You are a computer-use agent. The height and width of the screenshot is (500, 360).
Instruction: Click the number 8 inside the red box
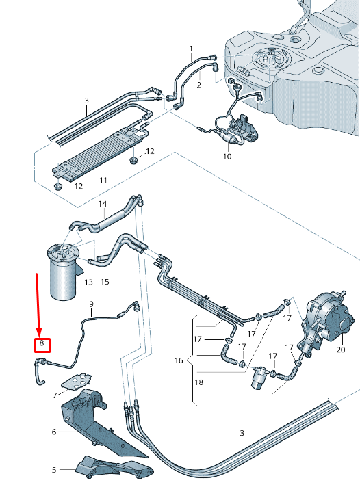(x=42, y=343)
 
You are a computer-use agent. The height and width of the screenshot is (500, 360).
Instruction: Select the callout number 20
(x=341, y=349)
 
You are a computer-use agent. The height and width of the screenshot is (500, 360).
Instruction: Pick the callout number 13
(x=88, y=282)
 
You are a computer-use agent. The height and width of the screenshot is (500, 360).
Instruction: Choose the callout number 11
(x=103, y=181)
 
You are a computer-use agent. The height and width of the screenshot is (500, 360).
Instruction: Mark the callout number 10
(x=227, y=157)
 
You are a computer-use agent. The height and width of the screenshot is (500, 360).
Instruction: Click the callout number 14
(x=103, y=204)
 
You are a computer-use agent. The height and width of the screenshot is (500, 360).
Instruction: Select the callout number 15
(x=105, y=281)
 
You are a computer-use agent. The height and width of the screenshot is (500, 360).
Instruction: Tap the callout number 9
(x=90, y=303)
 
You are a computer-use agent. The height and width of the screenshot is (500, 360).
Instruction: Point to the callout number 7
(x=54, y=395)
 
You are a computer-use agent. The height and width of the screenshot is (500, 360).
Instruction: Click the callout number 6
(x=54, y=432)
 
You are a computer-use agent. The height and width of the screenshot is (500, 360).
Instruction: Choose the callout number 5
(x=54, y=470)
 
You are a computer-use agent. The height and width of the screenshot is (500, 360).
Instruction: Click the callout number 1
(x=191, y=49)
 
